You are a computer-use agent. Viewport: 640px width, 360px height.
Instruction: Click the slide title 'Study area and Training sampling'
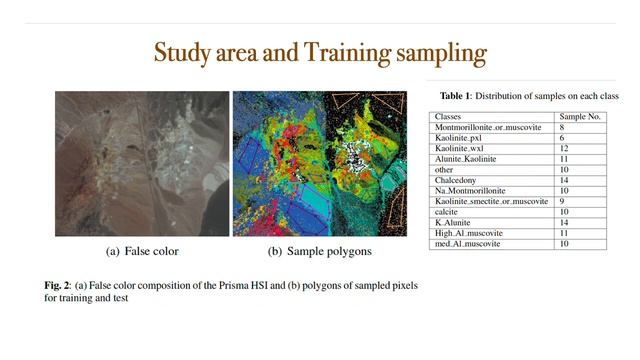pos(320,53)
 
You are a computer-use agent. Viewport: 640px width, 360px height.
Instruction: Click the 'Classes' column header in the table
pos(447,117)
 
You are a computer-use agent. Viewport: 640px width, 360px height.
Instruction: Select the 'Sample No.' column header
pos(581,117)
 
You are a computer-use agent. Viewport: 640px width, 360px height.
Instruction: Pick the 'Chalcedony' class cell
pos(455,180)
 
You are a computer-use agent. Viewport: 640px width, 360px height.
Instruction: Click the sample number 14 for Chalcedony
pos(565,180)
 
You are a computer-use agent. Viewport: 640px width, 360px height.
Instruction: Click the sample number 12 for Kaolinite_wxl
pos(565,148)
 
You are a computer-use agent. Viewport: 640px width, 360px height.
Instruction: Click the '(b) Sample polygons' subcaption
pos(316,251)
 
